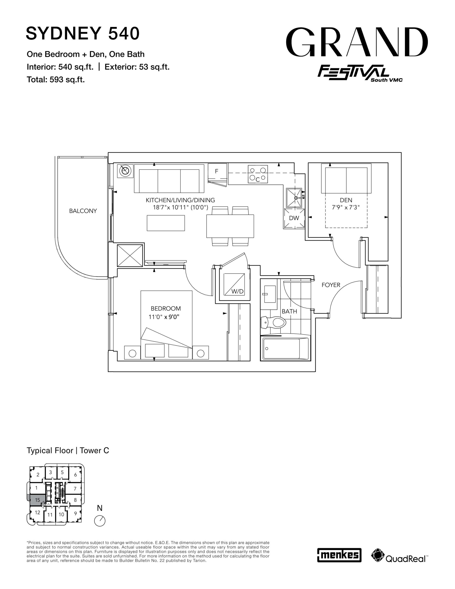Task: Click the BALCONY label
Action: point(83,211)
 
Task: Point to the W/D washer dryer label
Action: point(237,292)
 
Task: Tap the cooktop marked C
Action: point(258,174)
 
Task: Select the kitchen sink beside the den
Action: point(294,198)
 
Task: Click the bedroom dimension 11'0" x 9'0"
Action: point(164,317)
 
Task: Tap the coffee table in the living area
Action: point(166,223)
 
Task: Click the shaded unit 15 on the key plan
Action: point(37,500)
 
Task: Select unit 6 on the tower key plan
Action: point(75,475)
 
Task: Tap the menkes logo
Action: point(339,555)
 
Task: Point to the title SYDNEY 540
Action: point(83,33)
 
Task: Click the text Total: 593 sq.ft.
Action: point(56,80)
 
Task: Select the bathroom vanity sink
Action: point(269,294)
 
